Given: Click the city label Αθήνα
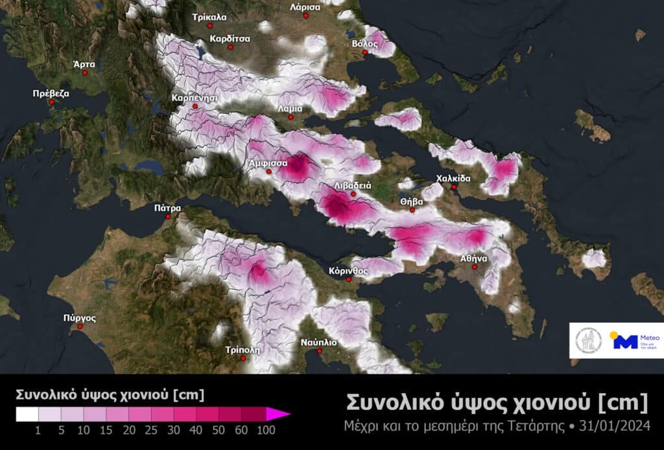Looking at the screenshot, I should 473,258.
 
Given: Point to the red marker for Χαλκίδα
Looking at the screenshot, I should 455,188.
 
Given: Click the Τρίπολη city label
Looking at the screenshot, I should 242,348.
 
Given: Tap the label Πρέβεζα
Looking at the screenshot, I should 51,93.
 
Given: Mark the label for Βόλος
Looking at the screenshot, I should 364,44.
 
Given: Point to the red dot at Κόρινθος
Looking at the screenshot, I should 349,280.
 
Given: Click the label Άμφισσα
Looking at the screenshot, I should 268,164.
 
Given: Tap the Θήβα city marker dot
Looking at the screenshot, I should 412,210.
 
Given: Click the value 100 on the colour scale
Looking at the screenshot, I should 265,430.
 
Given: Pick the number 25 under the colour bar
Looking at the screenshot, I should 154,430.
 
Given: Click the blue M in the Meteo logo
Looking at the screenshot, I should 625,341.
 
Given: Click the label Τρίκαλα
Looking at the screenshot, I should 209,17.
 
